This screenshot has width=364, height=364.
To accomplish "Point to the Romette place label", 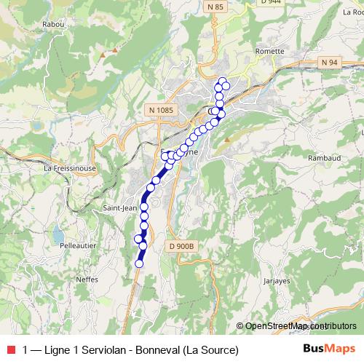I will click(269, 52).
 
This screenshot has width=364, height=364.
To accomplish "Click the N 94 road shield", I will click(330, 63).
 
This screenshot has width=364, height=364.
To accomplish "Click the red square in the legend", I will click(10, 349).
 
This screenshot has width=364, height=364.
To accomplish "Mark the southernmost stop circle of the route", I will click(139, 264).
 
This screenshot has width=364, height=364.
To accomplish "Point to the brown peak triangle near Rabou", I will click(112, 52).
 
